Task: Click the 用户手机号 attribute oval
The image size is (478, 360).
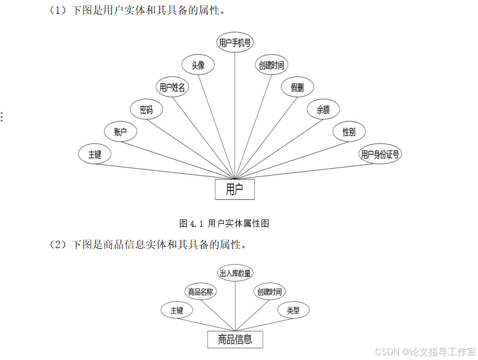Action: (236, 43)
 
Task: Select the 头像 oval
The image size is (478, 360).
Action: (198, 65)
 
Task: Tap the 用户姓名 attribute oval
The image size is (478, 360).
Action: (172, 87)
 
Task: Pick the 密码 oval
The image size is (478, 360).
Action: (146, 110)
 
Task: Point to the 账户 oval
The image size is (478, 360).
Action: (121, 132)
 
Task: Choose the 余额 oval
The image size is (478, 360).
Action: (323, 110)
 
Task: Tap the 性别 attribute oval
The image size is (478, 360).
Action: (349, 132)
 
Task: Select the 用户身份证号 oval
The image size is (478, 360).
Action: (380, 154)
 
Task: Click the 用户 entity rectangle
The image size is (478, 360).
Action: (234, 189)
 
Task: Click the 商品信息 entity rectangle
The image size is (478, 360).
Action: (235, 339)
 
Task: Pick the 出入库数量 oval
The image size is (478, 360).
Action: (236, 273)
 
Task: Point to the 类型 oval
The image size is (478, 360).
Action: (293, 310)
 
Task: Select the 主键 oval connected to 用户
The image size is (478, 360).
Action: (94, 154)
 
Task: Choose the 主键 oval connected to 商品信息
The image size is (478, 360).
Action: (177, 310)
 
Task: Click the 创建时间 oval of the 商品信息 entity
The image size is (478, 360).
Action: (270, 292)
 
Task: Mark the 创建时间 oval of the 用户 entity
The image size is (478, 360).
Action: (271, 65)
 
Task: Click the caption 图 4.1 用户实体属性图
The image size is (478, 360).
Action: (224, 223)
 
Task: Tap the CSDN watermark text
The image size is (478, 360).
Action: (425, 352)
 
